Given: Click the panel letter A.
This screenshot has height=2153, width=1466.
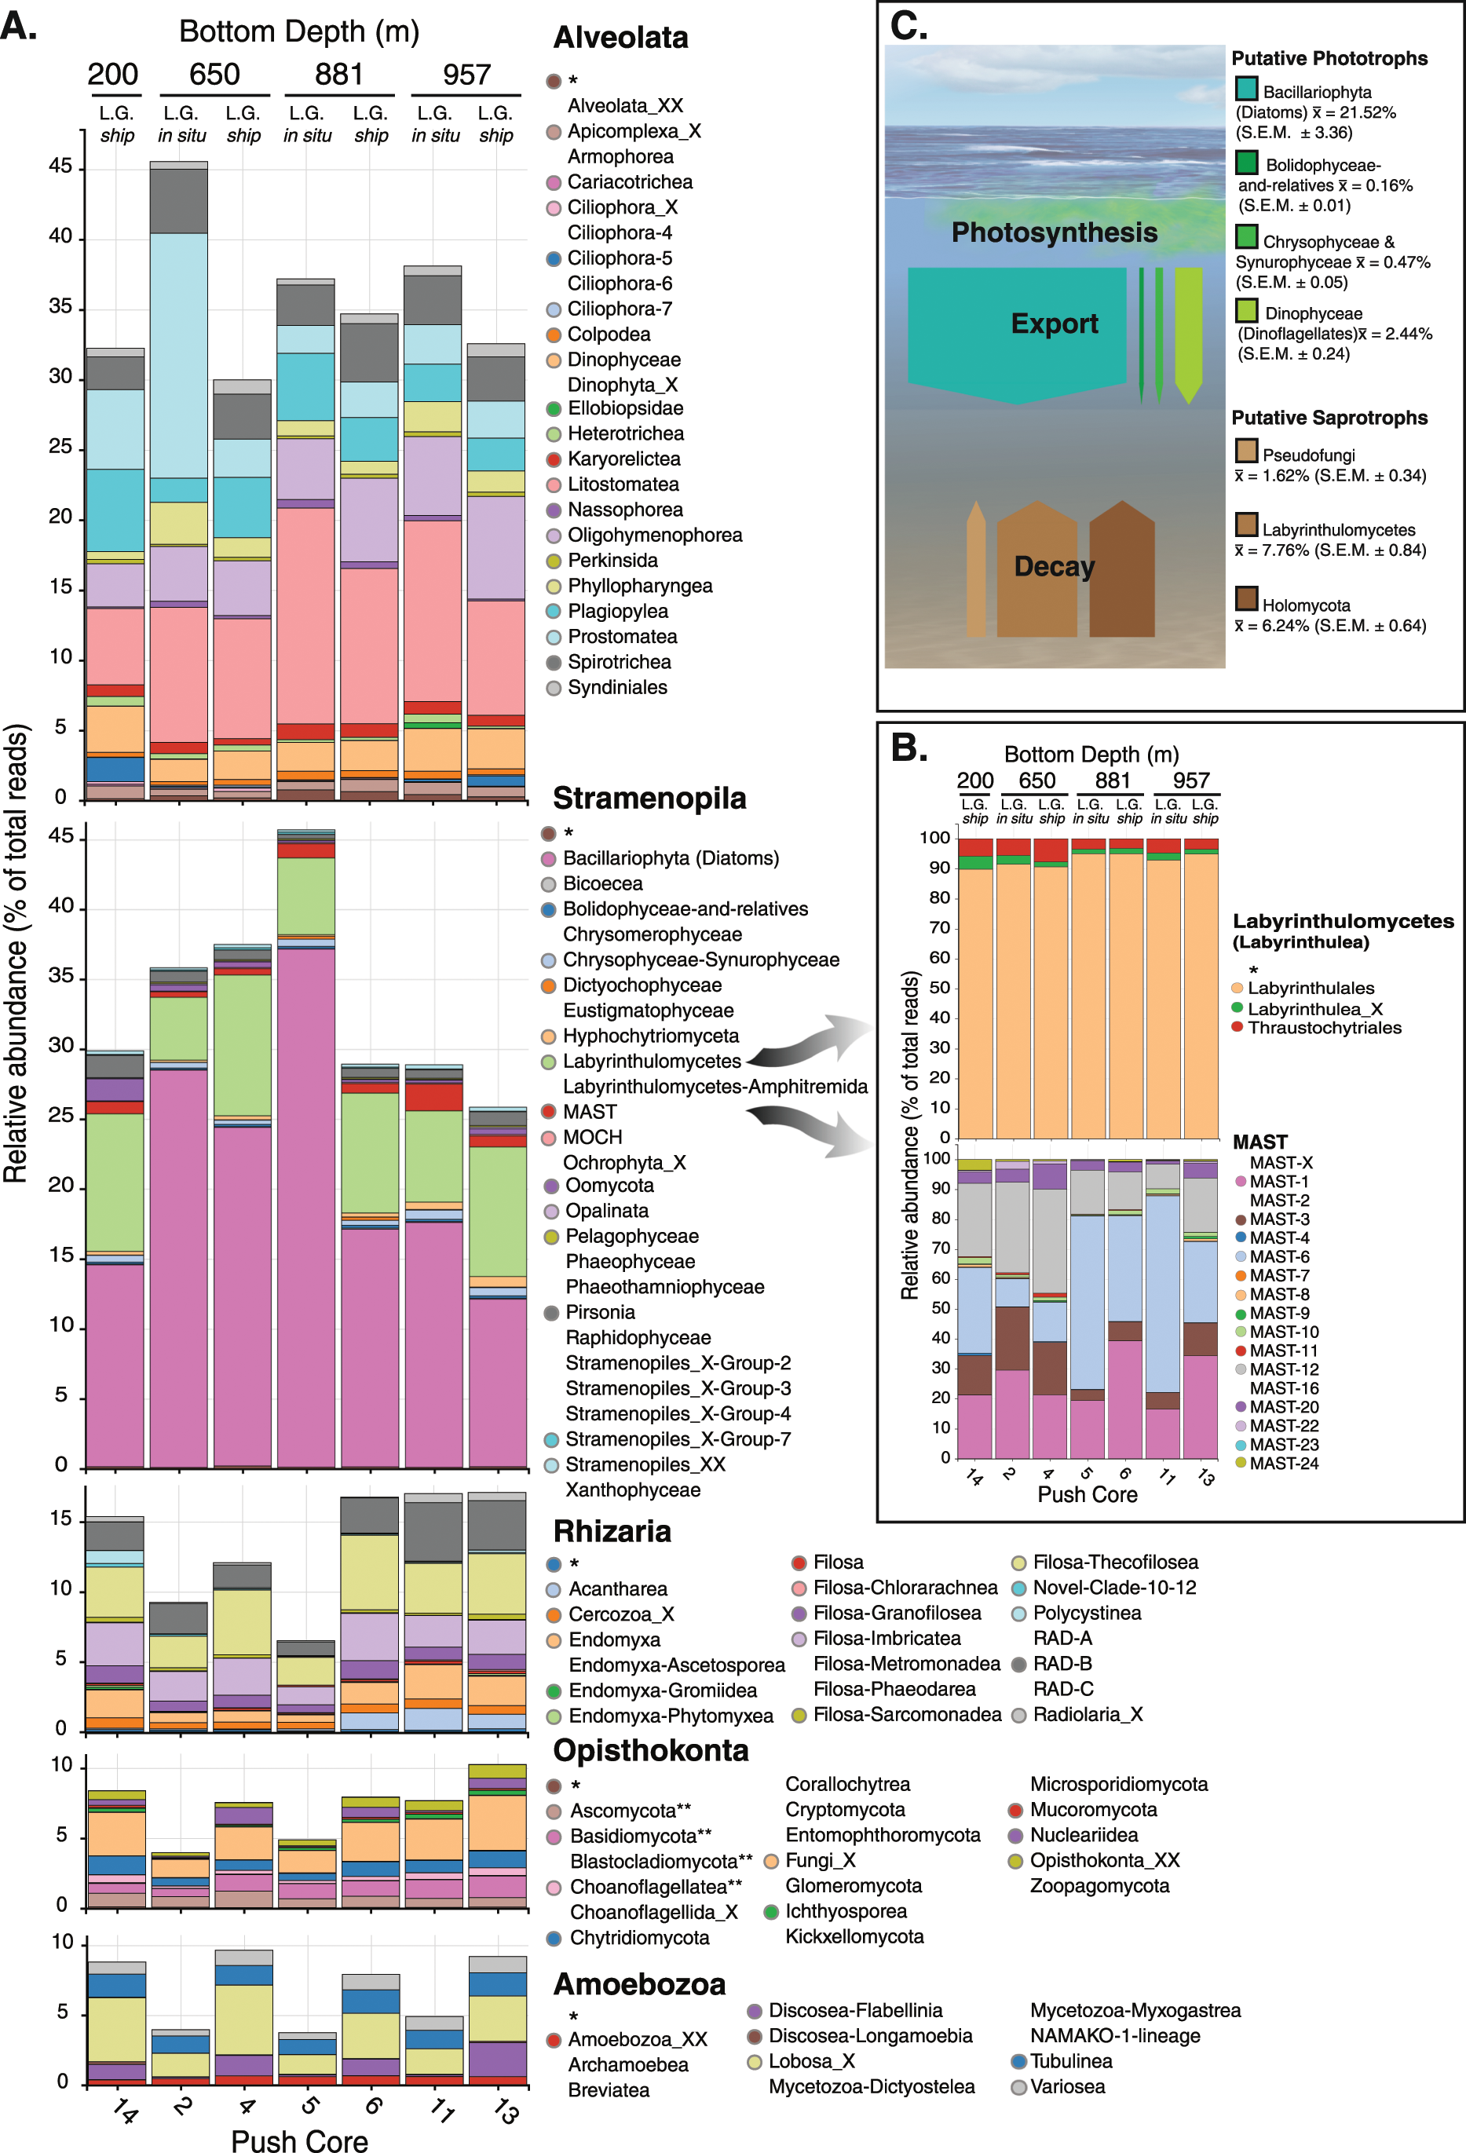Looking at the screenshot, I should click(19, 26).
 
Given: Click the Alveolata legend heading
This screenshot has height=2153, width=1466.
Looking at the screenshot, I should click(620, 38).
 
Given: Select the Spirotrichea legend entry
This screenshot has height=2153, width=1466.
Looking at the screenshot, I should click(619, 661).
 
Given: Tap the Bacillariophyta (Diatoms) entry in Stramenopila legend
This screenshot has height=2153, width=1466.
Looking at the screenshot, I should click(670, 858).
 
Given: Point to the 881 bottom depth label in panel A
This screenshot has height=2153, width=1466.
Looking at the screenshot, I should click(338, 74).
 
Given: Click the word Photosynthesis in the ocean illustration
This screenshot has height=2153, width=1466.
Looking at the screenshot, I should click(1054, 232).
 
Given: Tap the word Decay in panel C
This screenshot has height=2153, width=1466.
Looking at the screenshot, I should click(1054, 566).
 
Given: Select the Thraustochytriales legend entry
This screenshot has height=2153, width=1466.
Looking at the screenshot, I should click(1323, 1027).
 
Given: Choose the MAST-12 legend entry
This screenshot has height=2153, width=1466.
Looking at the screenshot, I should click(1284, 1369).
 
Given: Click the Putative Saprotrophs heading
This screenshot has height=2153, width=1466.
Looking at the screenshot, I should click(1329, 418).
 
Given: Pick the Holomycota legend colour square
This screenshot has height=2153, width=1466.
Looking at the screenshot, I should click(1245, 598).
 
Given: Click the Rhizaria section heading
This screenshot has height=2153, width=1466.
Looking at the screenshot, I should click(612, 1531).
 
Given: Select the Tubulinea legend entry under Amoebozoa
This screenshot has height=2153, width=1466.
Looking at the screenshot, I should click(1070, 2061).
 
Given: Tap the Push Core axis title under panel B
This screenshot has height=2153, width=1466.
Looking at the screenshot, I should click(1087, 1494).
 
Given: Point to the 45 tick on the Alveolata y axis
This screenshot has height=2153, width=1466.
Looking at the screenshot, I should click(60, 166).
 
